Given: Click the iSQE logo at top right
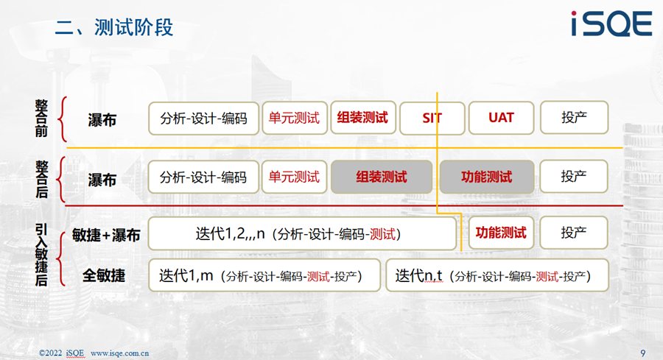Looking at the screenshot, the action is click(611, 24).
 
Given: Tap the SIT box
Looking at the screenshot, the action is click(432, 118).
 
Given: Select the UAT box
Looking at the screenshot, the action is click(501, 118).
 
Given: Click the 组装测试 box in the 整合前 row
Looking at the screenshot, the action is click(362, 118).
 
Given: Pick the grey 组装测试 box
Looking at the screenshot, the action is click(382, 177).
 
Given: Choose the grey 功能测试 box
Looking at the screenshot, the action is click(487, 177).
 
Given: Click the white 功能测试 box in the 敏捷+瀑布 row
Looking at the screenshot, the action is click(501, 233).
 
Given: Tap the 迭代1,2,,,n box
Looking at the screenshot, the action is click(302, 233).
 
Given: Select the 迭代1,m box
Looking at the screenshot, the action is click(264, 275).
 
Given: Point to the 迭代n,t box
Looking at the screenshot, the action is click(497, 275).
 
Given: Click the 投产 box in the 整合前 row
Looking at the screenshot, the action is click(574, 118).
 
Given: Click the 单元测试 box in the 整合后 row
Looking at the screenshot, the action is click(294, 177).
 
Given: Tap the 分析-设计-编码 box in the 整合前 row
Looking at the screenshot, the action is click(203, 119).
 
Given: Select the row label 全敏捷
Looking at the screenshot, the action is click(104, 276).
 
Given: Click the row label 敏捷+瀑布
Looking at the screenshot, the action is click(105, 235).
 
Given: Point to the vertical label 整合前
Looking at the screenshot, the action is click(41, 119).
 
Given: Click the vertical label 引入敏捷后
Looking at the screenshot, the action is click(41, 255).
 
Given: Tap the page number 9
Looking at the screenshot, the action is click(642, 353).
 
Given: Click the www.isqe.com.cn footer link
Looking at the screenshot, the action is click(119, 353).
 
